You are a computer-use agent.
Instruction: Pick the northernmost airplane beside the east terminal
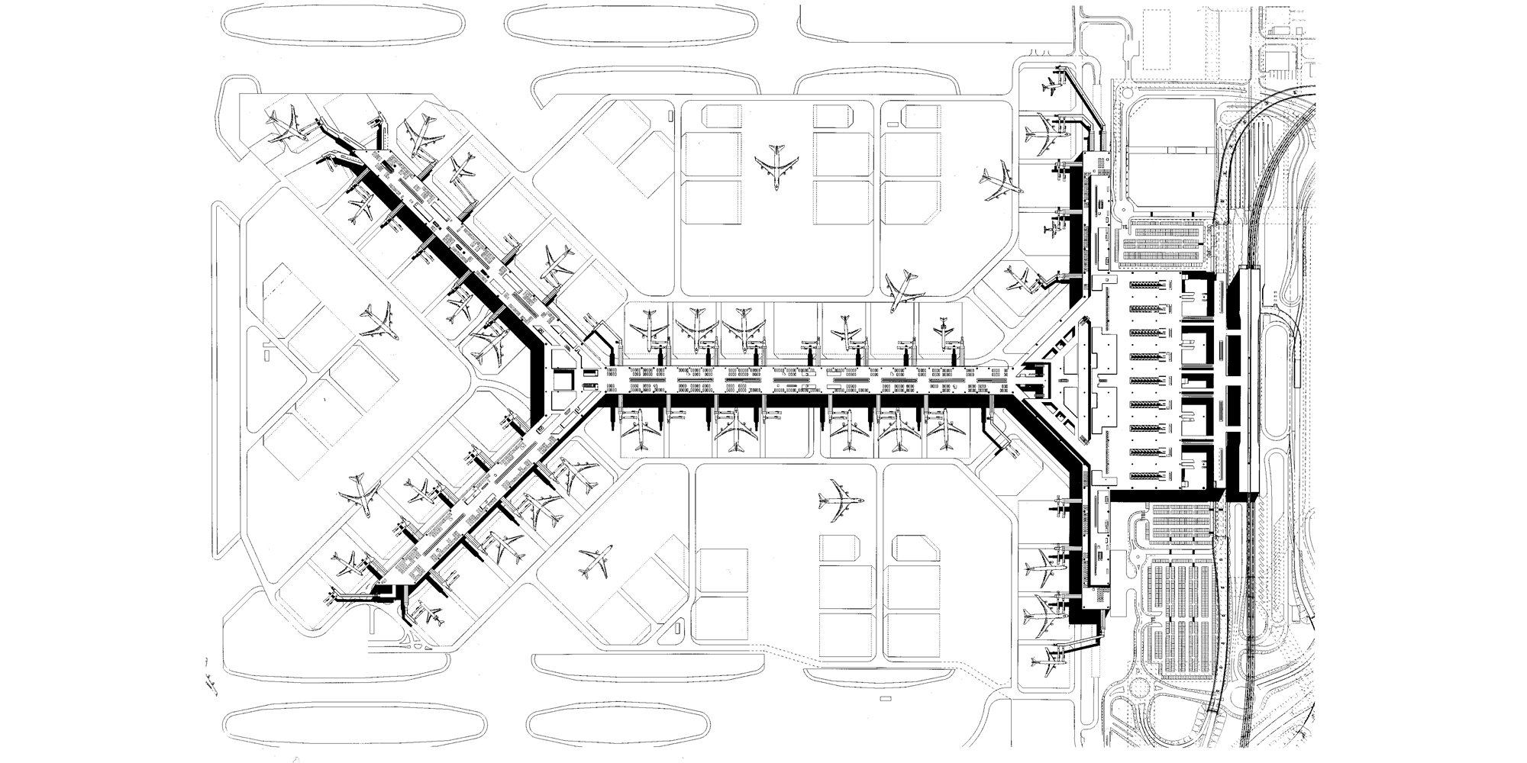1053,89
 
